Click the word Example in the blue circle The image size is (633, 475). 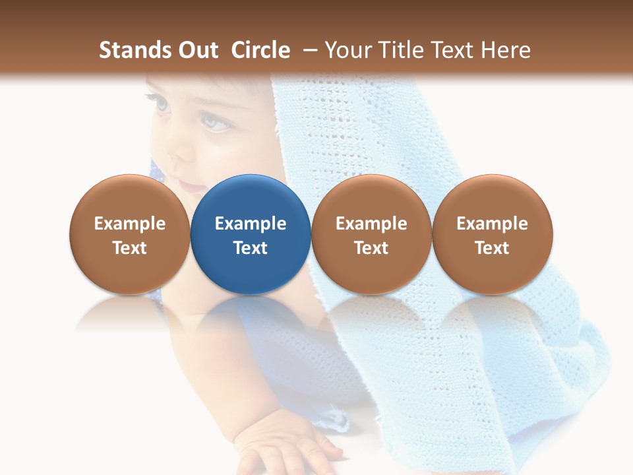(x=251, y=224)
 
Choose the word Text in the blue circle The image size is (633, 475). (x=251, y=248)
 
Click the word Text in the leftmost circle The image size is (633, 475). (x=130, y=248)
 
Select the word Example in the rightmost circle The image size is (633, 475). (x=492, y=224)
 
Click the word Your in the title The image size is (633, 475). (x=347, y=50)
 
